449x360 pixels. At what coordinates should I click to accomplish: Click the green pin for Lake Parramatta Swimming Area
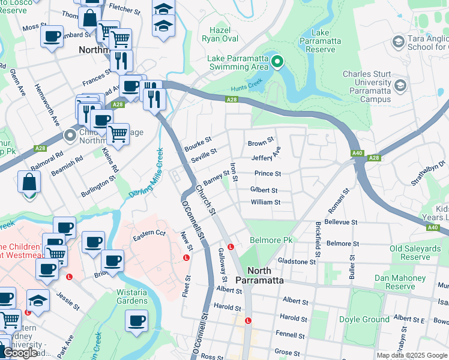277,61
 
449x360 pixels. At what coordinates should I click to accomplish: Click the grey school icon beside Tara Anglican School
398,41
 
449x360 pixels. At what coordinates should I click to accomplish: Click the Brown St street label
261,143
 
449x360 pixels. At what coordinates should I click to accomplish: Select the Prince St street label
268,174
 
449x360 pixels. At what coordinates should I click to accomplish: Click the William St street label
265,202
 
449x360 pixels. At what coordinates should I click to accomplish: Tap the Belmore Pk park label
271,240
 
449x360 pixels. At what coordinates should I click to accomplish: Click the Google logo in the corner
20,353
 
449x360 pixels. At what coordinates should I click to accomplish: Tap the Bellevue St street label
340,222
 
